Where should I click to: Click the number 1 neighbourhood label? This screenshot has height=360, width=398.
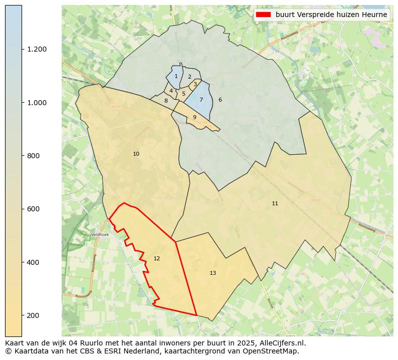pyautogui.click(x=176, y=77)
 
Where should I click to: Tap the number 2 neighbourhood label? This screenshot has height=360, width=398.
pyautogui.click(x=189, y=77)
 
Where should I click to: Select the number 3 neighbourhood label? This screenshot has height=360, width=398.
pyautogui.click(x=195, y=84)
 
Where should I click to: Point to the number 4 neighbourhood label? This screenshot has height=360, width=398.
pyautogui.click(x=171, y=91)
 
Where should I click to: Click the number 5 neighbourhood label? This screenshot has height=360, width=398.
pyautogui.click(x=183, y=94)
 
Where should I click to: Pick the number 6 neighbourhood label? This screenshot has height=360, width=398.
pyautogui.click(x=220, y=100)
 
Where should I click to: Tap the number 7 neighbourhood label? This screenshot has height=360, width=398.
pyautogui.click(x=201, y=100)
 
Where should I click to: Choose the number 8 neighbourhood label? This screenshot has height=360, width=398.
pyautogui.click(x=166, y=101)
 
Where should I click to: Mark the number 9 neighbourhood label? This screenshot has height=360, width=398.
pyautogui.click(x=194, y=118)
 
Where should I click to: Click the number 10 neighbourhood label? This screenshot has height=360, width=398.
pyautogui.click(x=136, y=154)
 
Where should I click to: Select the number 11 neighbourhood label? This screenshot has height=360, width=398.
pyautogui.click(x=275, y=203)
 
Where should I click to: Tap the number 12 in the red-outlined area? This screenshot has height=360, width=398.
pyautogui.click(x=157, y=259)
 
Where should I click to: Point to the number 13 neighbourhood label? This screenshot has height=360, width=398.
pyautogui.click(x=213, y=273)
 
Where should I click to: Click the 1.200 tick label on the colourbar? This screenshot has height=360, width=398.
pyautogui.click(x=37, y=49)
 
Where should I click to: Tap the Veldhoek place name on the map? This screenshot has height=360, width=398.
pyautogui.click(x=100, y=234)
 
